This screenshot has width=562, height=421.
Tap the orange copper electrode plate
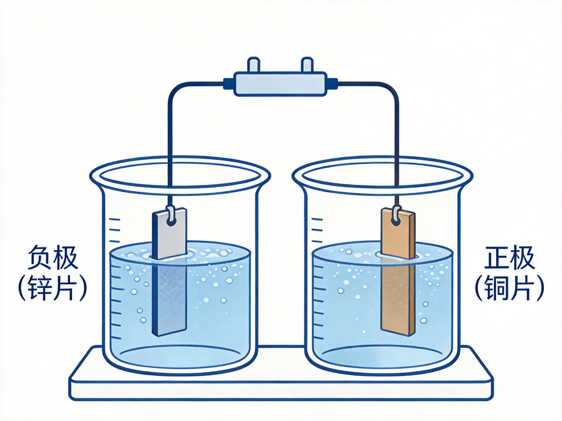(398, 273)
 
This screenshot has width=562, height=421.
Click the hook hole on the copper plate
(397, 222)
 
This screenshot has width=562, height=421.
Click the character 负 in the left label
(40, 258)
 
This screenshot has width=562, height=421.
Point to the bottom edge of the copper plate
(398, 335)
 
